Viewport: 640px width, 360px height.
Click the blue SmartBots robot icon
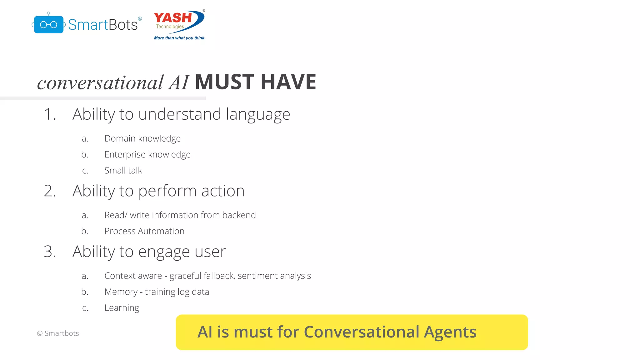[48, 24]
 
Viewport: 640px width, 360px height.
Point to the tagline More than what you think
[180, 38]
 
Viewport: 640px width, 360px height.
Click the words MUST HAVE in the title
[255, 82]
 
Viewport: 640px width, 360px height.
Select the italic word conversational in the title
[100, 83]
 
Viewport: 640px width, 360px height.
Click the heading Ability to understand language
[181, 114]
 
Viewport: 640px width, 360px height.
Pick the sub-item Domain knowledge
[142, 138]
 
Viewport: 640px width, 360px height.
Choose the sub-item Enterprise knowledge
[147, 154]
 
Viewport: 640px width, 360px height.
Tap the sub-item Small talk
[123, 170]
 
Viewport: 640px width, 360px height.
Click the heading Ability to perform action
[158, 191]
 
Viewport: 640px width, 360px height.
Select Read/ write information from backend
[180, 215]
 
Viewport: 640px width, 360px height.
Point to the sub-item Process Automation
[144, 231]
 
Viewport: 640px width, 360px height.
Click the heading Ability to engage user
[149, 252]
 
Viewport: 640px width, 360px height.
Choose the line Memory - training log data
[157, 292]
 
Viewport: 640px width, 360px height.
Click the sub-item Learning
[122, 308]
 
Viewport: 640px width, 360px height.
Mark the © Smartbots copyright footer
[58, 333]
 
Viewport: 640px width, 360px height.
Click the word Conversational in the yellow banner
[361, 332]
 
